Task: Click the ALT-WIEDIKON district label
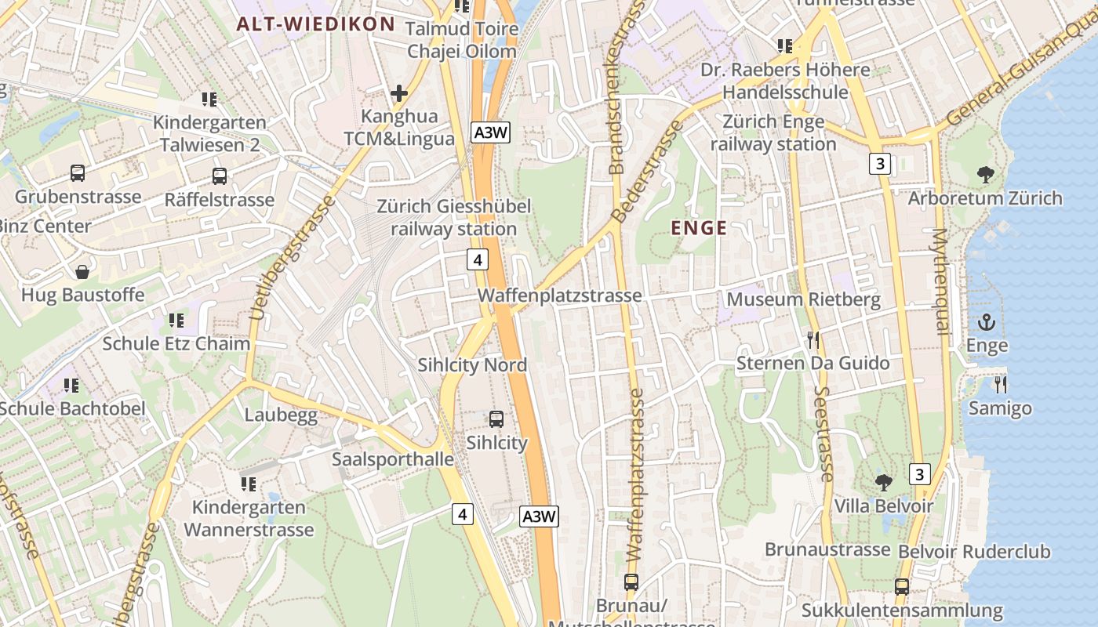(x=316, y=24)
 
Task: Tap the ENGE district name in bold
(x=699, y=228)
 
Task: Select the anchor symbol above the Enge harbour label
(x=987, y=322)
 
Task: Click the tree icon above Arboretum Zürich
(x=985, y=175)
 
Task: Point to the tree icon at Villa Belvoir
(x=883, y=483)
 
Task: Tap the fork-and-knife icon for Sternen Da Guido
(x=813, y=340)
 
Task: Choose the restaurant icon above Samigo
(x=1000, y=385)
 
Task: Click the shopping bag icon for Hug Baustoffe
(x=82, y=272)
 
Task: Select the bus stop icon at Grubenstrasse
(x=77, y=173)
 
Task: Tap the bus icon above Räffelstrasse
(x=220, y=176)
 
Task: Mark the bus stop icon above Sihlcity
(x=496, y=419)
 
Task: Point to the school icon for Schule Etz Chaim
(x=176, y=321)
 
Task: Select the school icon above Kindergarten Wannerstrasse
(x=249, y=484)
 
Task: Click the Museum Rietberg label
(x=804, y=299)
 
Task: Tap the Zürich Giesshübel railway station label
(x=453, y=218)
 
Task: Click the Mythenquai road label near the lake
(x=940, y=282)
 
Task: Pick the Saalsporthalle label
(x=393, y=458)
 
